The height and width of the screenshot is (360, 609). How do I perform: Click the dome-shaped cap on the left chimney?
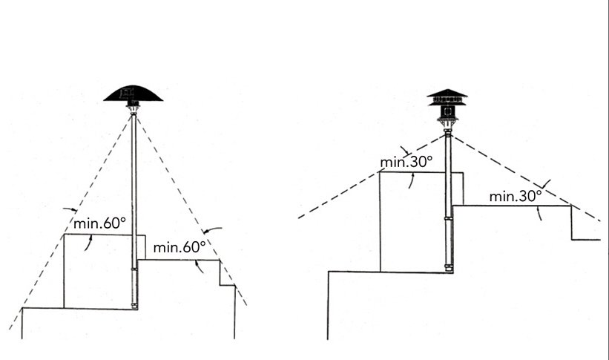(134, 94)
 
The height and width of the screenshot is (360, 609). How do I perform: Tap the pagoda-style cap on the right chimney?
(447, 96)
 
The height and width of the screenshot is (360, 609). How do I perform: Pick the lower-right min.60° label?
(179, 247)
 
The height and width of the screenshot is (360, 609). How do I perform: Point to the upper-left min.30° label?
(406, 162)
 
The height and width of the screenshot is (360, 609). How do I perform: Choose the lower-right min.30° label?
(516, 197)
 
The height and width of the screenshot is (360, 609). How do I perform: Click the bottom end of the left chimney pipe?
(134, 305)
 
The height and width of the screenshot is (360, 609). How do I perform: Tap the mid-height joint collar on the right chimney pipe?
(447, 219)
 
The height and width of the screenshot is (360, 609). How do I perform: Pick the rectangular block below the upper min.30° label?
(412, 223)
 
